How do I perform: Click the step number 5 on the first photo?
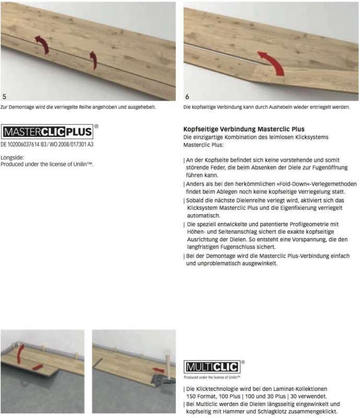pos(5,97)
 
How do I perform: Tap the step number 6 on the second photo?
pos(188,97)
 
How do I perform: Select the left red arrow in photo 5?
pos(42,44)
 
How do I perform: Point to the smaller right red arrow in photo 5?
pos(93,60)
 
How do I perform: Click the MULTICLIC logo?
pos(211,366)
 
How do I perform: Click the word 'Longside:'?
pos(12,157)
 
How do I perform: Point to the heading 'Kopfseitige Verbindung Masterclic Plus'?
pos(244,129)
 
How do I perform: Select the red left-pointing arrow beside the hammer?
pos(157,370)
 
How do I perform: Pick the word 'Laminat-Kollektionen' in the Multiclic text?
pos(297,389)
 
